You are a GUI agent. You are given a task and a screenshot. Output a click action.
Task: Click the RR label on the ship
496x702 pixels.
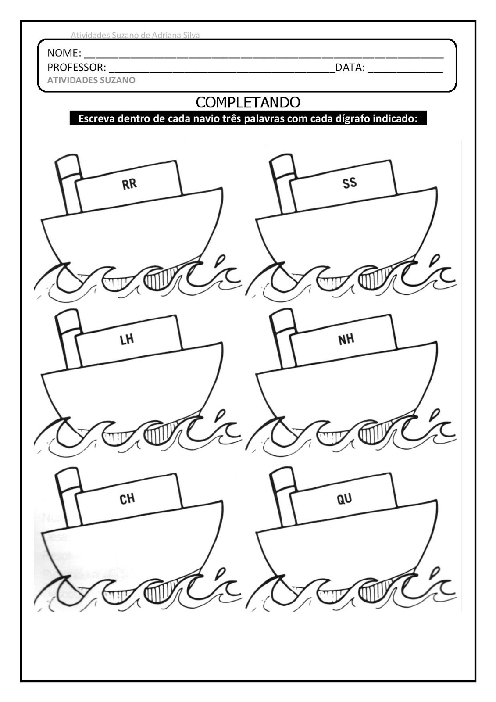coord(129,183)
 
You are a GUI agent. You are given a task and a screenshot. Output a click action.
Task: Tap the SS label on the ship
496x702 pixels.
coord(350,183)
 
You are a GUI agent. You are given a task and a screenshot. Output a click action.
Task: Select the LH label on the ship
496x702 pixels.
coord(127,339)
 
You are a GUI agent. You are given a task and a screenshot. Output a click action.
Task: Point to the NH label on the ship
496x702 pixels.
coord(346,339)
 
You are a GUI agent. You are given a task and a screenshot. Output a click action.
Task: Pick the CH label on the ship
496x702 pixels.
coord(127,498)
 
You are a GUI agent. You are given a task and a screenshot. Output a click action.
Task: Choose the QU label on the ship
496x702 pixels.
coord(344,498)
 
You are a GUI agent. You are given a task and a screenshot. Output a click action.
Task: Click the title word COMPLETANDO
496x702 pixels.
coord(248,102)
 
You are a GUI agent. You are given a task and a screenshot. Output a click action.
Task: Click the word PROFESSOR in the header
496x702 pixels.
coord(76,68)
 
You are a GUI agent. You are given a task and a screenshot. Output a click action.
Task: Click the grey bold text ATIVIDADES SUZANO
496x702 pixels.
coord(91,80)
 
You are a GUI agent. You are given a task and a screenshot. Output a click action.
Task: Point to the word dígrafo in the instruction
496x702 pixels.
coord(353,119)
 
